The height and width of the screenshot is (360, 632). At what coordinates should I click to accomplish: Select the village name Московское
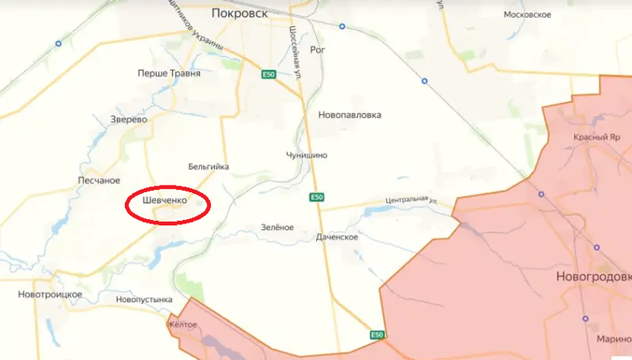(x=527, y=15)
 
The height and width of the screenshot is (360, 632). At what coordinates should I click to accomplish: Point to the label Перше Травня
(x=169, y=73)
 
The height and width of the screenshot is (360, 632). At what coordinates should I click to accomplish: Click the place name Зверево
(x=129, y=120)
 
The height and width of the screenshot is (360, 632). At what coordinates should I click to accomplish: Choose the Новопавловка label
(x=350, y=115)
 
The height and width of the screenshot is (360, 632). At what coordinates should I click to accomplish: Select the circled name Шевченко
(x=158, y=200)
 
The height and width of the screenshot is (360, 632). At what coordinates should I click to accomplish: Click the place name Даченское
(x=337, y=237)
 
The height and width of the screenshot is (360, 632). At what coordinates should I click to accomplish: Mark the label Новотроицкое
(x=50, y=294)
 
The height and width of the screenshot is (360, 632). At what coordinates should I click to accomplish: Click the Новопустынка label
(x=144, y=299)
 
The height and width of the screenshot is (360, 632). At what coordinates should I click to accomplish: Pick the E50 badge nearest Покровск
(x=269, y=75)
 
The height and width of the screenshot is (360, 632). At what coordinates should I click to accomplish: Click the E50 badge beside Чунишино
(x=316, y=197)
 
